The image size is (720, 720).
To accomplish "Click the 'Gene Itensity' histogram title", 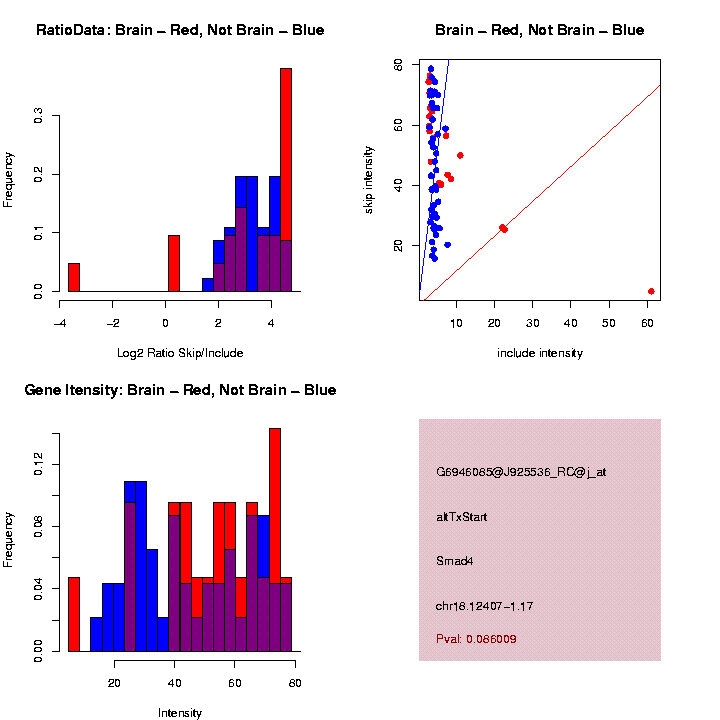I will click(180, 390).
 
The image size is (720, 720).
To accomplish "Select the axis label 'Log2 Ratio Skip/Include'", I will click(180, 352).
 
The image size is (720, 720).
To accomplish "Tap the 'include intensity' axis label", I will click(540, 353).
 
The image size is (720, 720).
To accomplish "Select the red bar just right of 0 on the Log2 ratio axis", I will click(174, 263).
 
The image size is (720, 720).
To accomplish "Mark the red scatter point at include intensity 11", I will click(460, 155).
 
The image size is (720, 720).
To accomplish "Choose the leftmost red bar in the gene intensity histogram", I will click(73, 614).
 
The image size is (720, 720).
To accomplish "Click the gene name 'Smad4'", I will click(455, 561).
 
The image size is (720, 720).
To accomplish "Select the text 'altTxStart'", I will click(462, 517).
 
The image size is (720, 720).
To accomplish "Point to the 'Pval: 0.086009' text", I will click(476, 638).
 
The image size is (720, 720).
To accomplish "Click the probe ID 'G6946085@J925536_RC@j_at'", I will click(521, 472).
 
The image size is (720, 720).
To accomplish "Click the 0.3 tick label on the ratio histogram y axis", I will click(38, 116).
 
